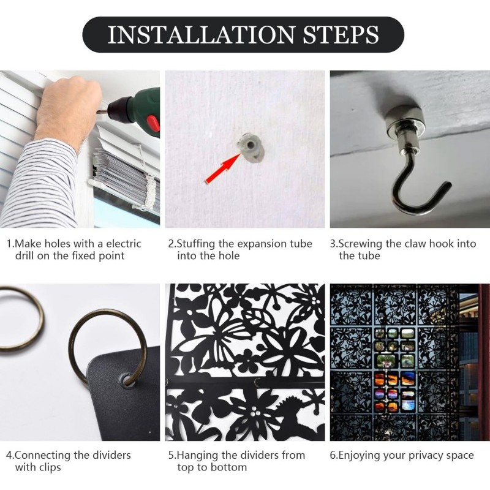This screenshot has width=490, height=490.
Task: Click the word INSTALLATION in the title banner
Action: pyautogui.click(x=201, y=34)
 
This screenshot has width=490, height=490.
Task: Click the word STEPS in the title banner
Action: pyautogui.click(x=341, y=34)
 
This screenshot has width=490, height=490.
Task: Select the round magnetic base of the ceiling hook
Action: pyautogui.click(x=404, y=119)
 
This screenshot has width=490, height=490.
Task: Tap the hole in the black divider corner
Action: pyautogui.click(x=127, y=379)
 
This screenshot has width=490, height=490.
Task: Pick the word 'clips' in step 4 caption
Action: pyautogui.click(x=50, y=467)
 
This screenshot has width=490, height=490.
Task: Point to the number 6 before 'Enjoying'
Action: pyautogui.click(x=333, y=455)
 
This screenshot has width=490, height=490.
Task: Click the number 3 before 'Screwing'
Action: pyautogui.click(x=333, y=244)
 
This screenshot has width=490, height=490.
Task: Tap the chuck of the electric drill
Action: pyautogui.click(x=116, y=107)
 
